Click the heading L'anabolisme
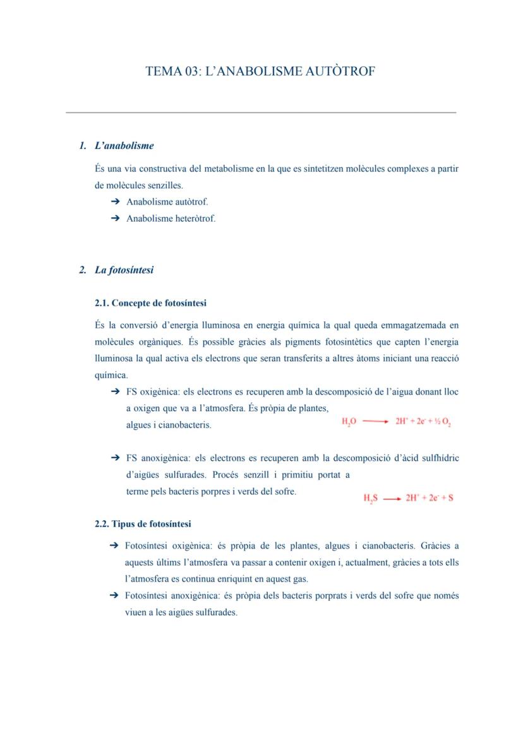pyautogui.click(x=124, y=146)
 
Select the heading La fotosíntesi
pyautogui.click(x=124, y=270)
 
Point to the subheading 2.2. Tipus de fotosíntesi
pyautogui.click(x=143, y=524)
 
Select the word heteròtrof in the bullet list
pyautogui.click(x=195, y=219)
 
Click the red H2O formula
pyautogui.click(x=349, y=422)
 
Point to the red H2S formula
pyautogui.click(x=370, y=498)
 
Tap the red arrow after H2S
pyautogui.click(x=392, y=498)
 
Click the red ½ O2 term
pyautogui.click(x=442, y=422)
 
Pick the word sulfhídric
pyautogui.click(x=438, y=458)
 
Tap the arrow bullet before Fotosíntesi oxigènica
pyautogui.click(x=114, y=545)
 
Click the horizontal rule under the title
pyautogui.click(x=261, y=113)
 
